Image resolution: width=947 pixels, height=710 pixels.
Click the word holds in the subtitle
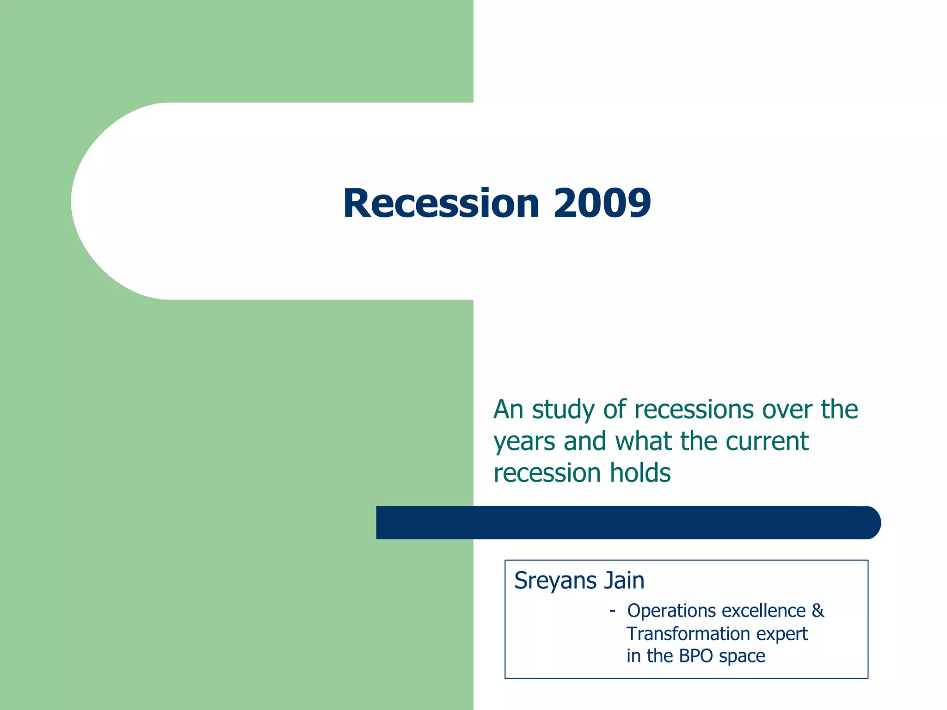tap(640, 473)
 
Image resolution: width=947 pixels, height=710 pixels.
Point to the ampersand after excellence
tap(818, 611)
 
